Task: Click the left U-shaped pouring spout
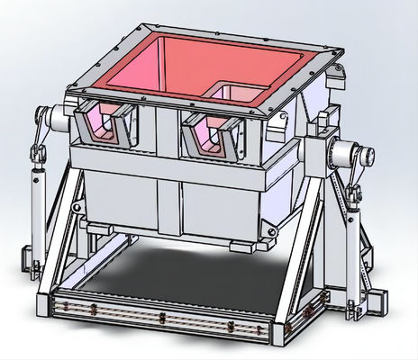(x=106, y=126)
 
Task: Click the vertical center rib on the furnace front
(x=166, y=189)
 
